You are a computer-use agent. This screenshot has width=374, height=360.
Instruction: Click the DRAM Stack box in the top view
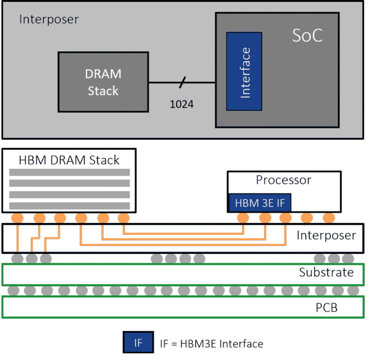(x=103, y=82)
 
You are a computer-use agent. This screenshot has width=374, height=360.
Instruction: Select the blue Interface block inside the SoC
(x=244, y=72)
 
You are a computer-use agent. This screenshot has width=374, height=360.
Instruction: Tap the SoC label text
(x=307, y=36)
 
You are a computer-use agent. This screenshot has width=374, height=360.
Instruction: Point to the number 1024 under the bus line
(x=182, y=104)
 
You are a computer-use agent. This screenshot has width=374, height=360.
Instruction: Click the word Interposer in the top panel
(x=49, y=19)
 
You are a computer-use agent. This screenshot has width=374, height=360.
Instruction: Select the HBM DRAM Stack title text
(x=69, y=160)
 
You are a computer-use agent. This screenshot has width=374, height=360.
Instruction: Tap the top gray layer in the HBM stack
(x=70, y=172)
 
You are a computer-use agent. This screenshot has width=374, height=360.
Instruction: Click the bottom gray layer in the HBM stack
(x=70, y=205)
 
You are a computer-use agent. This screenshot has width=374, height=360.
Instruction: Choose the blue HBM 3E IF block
(x=260, y=203)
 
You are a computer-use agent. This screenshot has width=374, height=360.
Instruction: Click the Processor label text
(x=283, y=180)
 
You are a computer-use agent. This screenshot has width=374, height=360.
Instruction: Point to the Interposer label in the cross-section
(x=327, y=236)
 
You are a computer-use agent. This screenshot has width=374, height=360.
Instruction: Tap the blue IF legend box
(x=138, y=343)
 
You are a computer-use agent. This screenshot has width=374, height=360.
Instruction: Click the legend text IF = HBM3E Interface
(x=211, y=343)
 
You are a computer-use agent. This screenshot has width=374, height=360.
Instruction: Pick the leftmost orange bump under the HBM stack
(x=18, y=217)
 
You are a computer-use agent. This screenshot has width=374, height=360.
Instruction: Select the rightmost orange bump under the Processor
(x=329, y=217)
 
